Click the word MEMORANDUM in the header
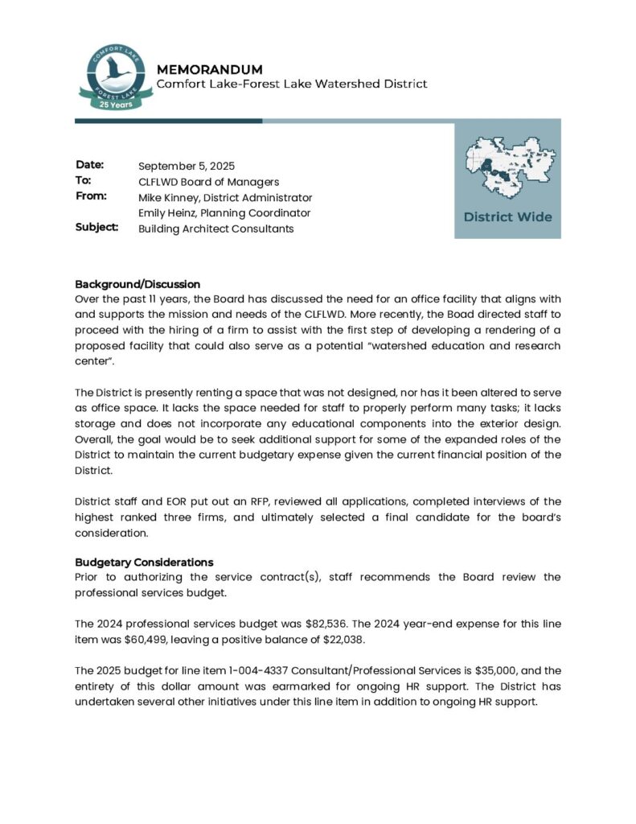(209, 69)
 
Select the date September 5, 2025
(187, 167)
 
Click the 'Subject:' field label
(96, 228)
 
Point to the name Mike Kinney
(169, 198)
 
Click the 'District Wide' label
(507, 217)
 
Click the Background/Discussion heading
(137, 284)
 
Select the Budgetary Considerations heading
(144, 562)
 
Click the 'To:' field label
(84, 181)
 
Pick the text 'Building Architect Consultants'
(215, 229)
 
